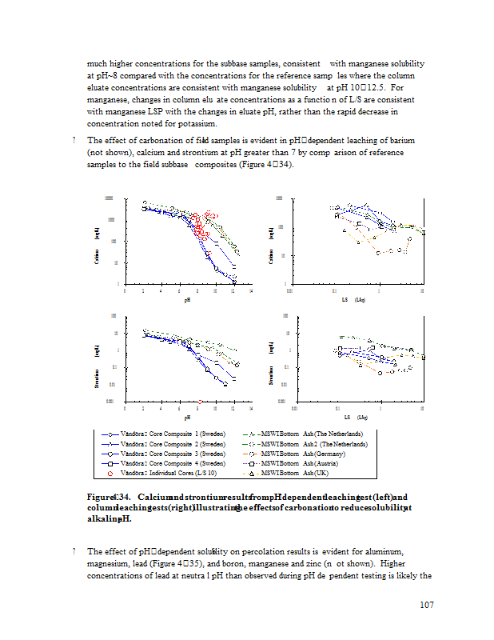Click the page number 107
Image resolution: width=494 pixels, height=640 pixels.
click(426, 605)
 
